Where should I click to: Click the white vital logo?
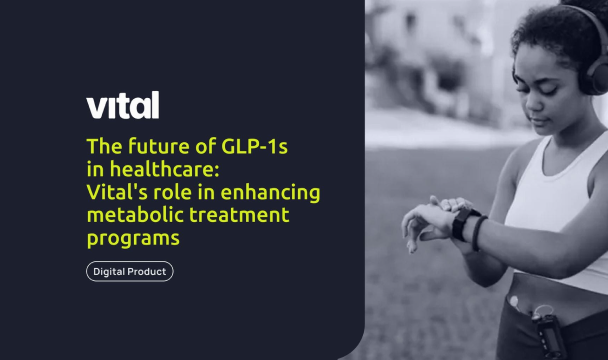click(x=123, y=105)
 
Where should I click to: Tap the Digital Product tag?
click(x=130, y=271)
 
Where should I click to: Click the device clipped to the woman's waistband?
click(x=545, y=331)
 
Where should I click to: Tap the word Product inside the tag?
click(x=148, y=271)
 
